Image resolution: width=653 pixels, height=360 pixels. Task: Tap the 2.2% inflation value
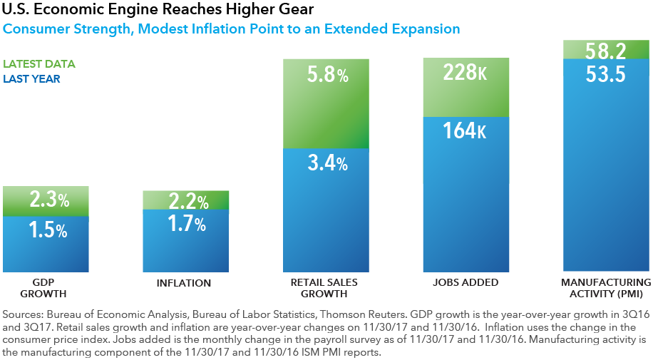pos(185,202)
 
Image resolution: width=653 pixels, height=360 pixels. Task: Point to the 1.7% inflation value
pos(185,225)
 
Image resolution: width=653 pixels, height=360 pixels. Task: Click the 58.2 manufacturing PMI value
pos(605,50)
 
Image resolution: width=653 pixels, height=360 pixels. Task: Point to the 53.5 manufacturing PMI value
pos(605,73)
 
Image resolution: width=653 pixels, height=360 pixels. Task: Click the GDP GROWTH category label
pos(46,288)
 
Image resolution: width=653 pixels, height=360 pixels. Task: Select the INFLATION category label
pos(184,283)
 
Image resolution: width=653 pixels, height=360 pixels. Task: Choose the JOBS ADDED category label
pos(466,283)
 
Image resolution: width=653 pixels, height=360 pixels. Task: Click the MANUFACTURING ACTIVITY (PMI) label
pos(605,288)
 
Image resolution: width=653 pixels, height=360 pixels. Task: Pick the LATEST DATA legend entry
pos(39,64)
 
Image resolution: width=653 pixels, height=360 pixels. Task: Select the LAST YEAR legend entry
pos(32,79)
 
